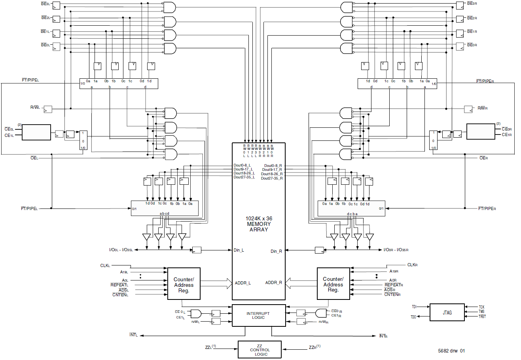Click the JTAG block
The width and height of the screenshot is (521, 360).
pyautogui.click(x=447, y=313)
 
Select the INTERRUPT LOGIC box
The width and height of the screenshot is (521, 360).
pyautogui.click(x=258, y=315)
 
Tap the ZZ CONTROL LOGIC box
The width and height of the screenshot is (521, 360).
pyautogui.click(x=260, y=350)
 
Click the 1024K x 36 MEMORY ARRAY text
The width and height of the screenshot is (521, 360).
pyautogui.click(x=259, y=224)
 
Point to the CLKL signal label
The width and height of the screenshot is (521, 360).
pyautogui.click(x=105, y=266)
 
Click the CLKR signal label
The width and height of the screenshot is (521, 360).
pyautogui.click(x=412, y=265)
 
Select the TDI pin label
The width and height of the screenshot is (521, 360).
pyautogui.click(x=414, y=307)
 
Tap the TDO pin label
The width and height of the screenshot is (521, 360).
pyautogui.click(x=413, y=317)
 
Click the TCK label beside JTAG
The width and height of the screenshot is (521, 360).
pyautogui.click(x=481, y=307)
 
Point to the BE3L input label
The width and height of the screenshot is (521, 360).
pyautogui.click(x=45, y=4)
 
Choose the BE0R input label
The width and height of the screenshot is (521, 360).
pyautogui.click(x=472, y=45)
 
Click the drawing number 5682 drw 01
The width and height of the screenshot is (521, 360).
pyautogui.click(x=451, y=351)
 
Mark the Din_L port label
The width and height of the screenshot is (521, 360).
pyautogui.click(x=239, y=250)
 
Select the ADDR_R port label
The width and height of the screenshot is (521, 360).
pyautogui.click(x=274, y=282)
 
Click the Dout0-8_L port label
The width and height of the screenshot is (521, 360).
pyautogui.click(x=243, y=165)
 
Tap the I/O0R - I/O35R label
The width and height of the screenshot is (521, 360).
pyautogui.click(x=396, y=250)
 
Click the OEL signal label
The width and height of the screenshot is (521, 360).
pyautogui.click(x=34, y=158)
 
